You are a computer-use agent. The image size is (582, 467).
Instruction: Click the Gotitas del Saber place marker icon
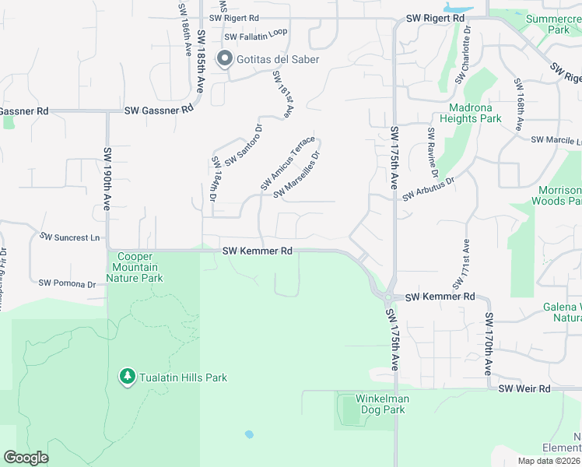coord(226,59)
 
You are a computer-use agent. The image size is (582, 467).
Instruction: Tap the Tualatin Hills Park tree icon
coord(128,377)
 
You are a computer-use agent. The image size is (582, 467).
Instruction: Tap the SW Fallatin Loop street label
coord(255,37)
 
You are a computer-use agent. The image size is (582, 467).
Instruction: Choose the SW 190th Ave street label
coord(107,179)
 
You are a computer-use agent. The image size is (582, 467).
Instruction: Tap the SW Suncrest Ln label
coord(70,237)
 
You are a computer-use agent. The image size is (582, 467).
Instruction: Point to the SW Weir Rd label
coord(524,388)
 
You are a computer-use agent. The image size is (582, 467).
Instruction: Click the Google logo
coord(26,458)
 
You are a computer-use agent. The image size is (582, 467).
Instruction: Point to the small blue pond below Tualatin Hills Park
coord(249,434)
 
